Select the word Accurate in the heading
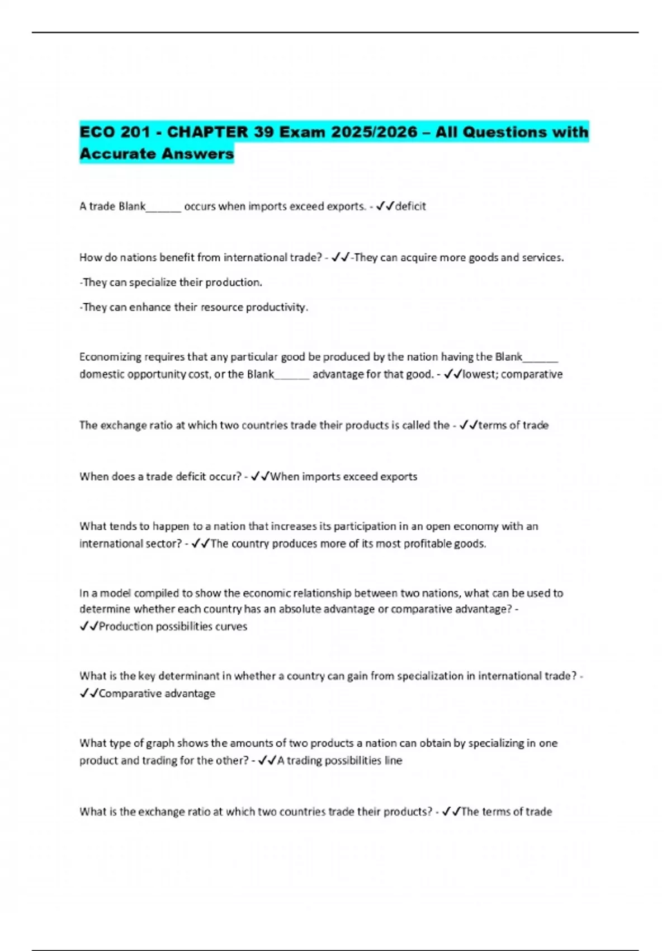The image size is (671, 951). (x=117, y=153)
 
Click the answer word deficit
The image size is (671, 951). (x=410, y=206)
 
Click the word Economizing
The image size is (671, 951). (x=111, y=357)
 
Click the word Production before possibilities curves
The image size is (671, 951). (x=126, y=627)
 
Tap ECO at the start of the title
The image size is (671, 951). (x=97, y=132)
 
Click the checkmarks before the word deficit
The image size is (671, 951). (x=385, y=206)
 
